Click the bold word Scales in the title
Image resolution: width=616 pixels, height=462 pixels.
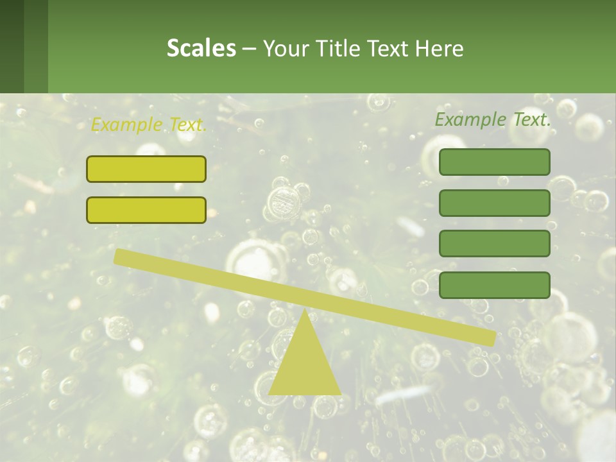click(x=201, y=48)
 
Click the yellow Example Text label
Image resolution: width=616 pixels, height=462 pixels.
click(x=148, y=124)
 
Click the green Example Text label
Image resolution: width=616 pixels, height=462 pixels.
click(x=493, y=119)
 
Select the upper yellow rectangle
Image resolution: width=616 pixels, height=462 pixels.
click(x=146, y=169)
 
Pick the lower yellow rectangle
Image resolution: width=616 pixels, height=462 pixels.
click(x=146, y=210)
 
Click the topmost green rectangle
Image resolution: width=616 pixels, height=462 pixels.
click(x=494, y=162)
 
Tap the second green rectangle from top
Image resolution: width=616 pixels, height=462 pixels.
click(x=494, y=203)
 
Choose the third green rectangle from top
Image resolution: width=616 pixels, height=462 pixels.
click(x=494, y=243)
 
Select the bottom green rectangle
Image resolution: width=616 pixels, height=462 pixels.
click(x=494, y=285)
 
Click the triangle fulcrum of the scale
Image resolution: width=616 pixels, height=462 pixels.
click(x=305, y=366)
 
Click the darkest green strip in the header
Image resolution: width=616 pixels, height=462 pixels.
click(x=12, y=46)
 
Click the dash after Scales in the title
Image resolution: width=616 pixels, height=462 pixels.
click(x=249, y=49)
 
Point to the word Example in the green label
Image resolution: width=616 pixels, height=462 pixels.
click(x=471, y=119)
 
